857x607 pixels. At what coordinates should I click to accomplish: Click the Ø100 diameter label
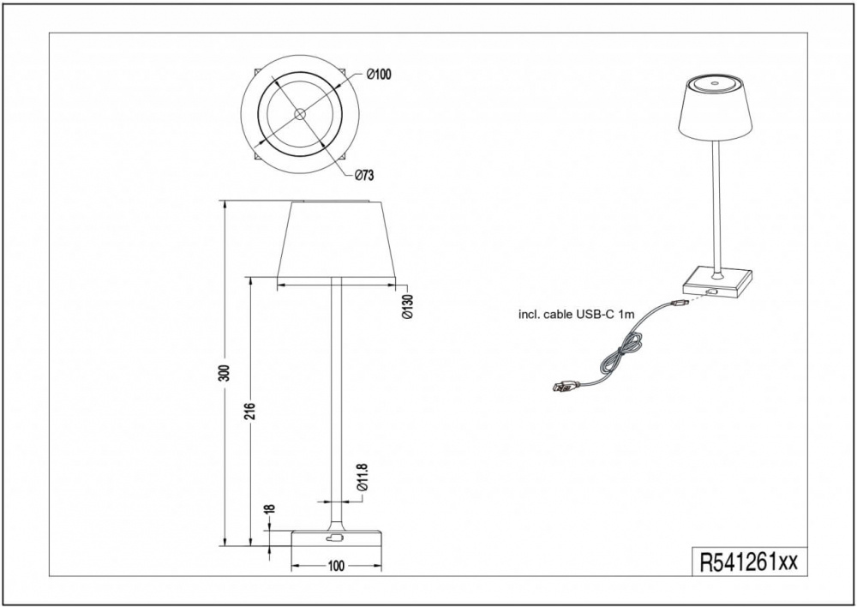(x=380, y=75)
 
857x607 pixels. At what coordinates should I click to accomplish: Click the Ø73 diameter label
(x=364, y=175)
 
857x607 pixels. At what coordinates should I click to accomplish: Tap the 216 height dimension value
(x=249, y=412)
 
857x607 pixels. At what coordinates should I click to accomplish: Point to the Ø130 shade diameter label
(x=408, y=307)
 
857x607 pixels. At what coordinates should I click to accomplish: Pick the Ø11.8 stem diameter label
(x=362, y=478)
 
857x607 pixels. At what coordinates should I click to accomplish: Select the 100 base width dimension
(x=337, y=566)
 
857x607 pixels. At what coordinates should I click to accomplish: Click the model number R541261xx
(x=749, y=562)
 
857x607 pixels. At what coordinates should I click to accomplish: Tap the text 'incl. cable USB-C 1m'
(x=576, y=315)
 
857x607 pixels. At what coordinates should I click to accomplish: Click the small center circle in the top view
(x=300, y=114)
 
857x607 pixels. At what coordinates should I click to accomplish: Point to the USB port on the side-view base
(x=333, y=538)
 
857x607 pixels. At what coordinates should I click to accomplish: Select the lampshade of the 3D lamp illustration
(x=715, y=108)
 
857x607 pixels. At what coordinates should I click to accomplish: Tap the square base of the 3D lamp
(x=717, y=281)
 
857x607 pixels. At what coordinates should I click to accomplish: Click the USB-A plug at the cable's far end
(x=562, y=388)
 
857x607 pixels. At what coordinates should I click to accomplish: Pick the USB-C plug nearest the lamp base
(x=677, y=303)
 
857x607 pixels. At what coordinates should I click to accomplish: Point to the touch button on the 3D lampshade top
(x=715, y=84)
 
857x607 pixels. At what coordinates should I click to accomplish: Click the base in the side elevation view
(x=337, y=538)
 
